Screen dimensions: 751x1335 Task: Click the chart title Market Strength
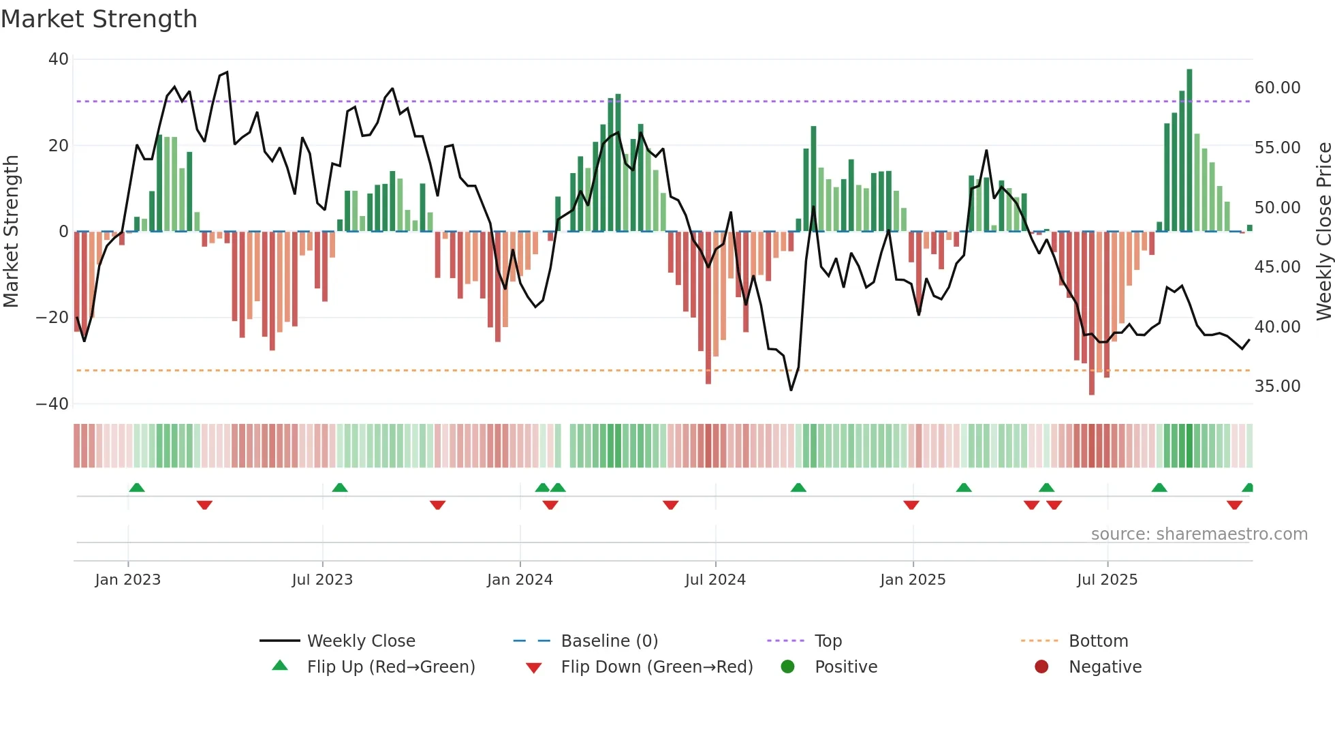click(99, 19)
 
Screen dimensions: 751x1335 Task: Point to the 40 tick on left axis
click(59, 59)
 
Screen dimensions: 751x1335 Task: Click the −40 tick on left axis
click(52, 404)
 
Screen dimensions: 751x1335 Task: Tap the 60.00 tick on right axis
click(1277, 88)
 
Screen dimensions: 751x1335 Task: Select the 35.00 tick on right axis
click(1277, 386)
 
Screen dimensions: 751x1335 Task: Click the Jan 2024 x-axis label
click(520, 580)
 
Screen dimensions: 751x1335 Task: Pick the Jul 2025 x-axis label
click(1107, 580)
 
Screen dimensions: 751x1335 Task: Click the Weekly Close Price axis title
click(1323, 232)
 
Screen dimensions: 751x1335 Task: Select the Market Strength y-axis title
click(12, 232)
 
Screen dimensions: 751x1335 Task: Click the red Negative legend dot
click(1041, 666)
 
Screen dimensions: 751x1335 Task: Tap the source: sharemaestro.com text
click(1199, 534)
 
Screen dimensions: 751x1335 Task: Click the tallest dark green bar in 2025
click(1189, 150)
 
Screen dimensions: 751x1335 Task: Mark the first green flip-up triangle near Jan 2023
click(137, 487)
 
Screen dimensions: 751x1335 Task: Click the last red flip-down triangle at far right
click(1234, 505)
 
